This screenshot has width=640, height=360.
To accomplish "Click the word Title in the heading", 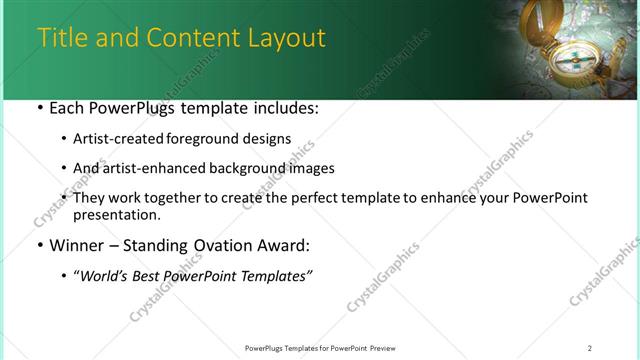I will pos(61,38).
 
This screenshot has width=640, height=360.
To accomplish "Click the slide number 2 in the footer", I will pos(589,348).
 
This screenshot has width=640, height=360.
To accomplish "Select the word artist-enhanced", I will pos(148,168).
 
